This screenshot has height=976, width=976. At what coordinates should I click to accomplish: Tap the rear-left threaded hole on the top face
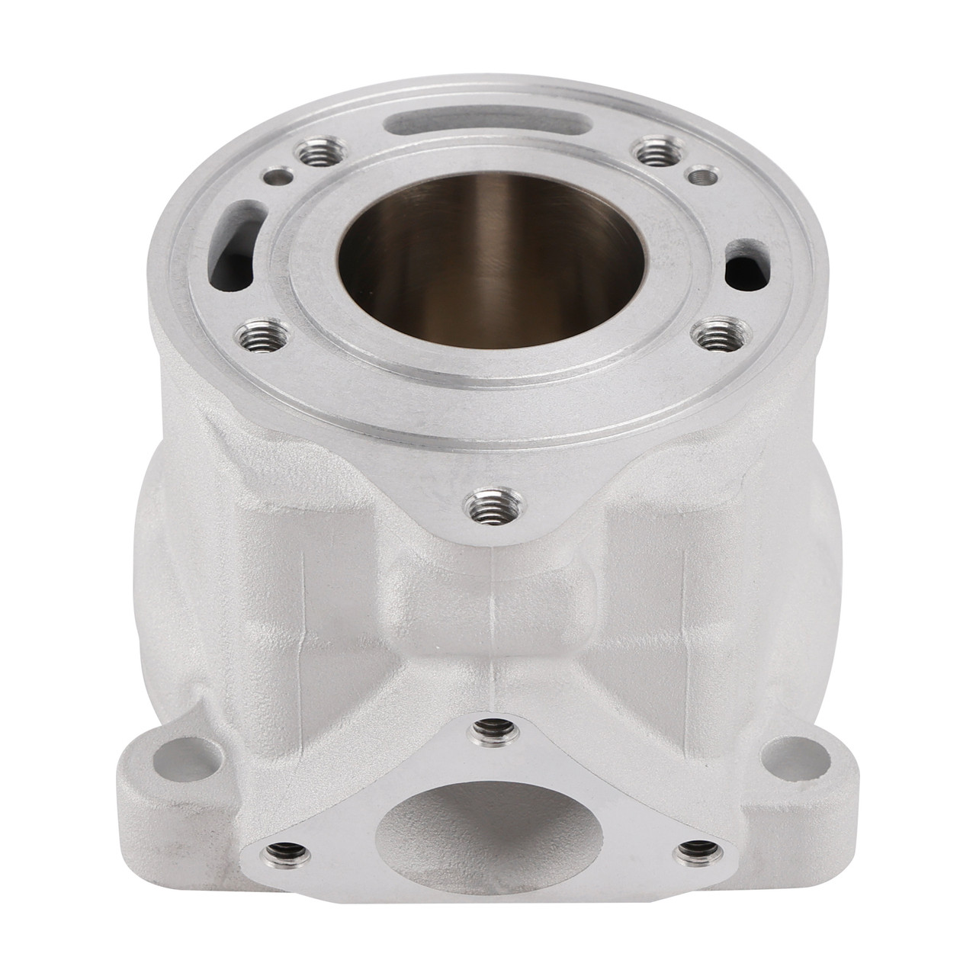tap(313, 156)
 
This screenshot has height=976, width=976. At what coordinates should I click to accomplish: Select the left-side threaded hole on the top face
tap(253, 332)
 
